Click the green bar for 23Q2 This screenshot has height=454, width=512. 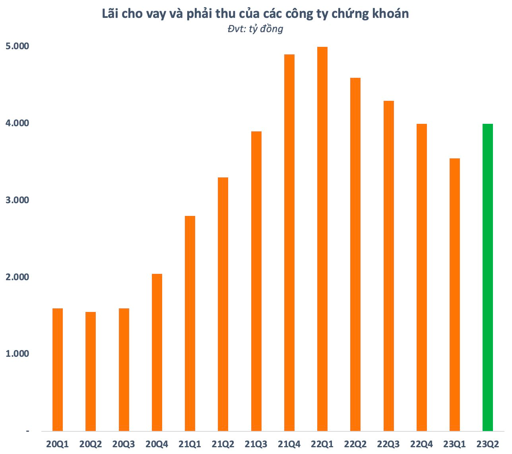487,277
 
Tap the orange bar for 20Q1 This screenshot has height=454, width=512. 58,369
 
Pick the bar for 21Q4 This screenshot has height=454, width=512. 289,242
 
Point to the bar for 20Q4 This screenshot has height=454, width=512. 157,352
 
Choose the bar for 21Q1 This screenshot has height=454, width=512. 190,323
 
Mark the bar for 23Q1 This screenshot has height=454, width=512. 454,294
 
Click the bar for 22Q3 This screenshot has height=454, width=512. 388,266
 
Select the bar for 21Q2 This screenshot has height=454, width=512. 223,304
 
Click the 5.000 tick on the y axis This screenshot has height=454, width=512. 17,46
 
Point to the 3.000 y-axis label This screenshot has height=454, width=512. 17,200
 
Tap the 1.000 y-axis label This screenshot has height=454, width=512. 17,354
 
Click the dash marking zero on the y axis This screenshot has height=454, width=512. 27,431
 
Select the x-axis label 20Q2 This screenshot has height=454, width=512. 90,444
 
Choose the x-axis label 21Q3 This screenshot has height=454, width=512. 256,444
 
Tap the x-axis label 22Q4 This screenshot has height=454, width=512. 421,444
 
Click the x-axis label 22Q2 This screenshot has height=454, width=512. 355,444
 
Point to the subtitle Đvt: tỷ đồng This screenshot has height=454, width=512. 256,29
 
